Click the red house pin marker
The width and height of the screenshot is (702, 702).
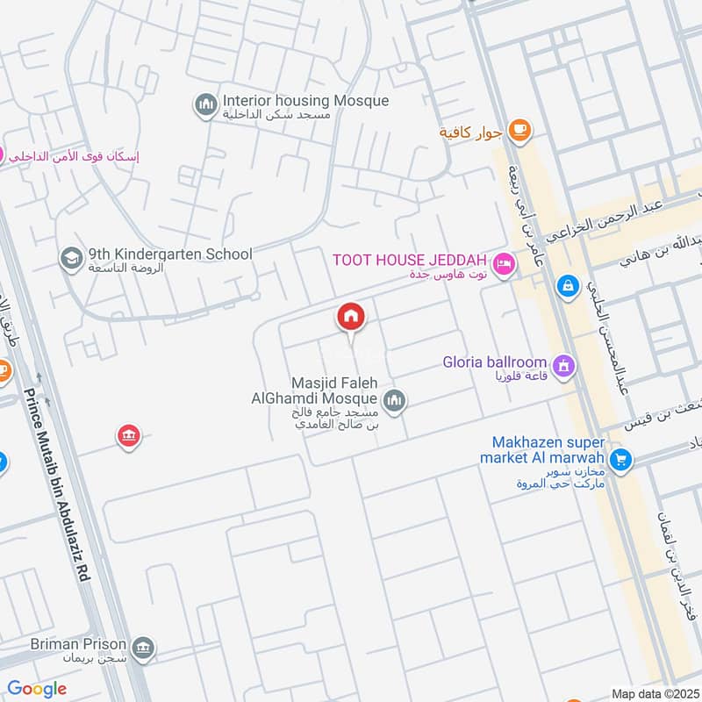click(351, 318)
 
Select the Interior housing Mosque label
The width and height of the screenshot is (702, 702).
click(305, 101)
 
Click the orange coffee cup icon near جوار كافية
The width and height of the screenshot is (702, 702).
click(520, 132)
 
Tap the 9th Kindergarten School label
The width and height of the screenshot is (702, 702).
click(170, 254)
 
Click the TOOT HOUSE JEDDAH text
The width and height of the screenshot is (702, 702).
click(410, 261)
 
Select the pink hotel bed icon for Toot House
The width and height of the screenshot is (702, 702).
click(503, 263)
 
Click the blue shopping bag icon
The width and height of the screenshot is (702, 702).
click(568, 286)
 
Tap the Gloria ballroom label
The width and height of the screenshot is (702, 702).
click(495, 362)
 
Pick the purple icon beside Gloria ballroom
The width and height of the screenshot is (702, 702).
click(562, 364)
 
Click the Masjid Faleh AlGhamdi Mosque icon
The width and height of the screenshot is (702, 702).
click(395, 400)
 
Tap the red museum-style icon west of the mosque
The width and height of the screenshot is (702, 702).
click(129, 435)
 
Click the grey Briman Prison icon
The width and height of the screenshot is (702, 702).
click(146, 648)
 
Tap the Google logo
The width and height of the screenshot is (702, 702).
click(37, 689)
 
